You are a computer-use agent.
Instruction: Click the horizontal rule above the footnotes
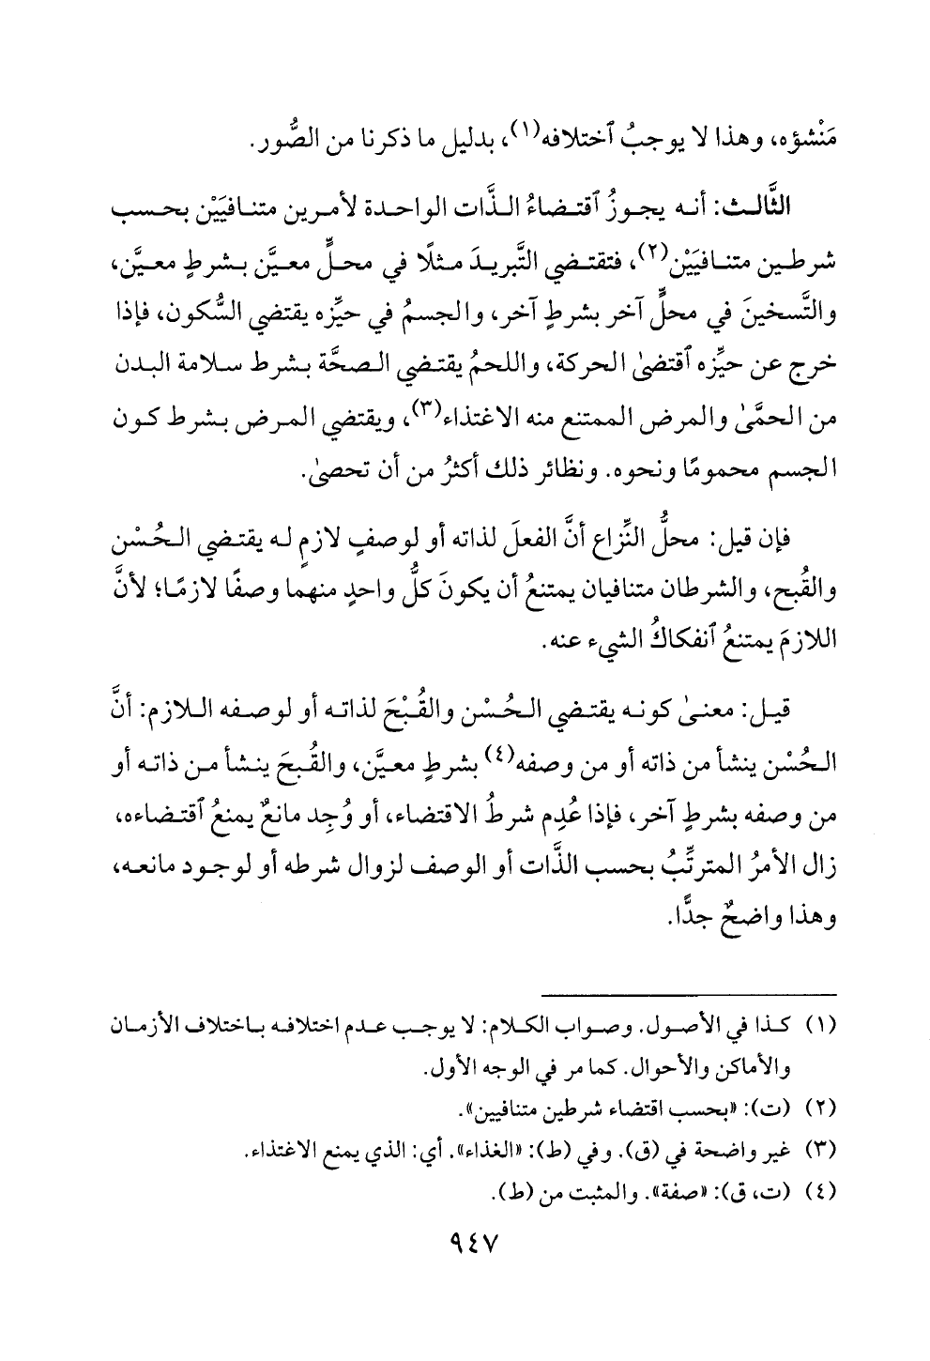pos(690,994)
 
